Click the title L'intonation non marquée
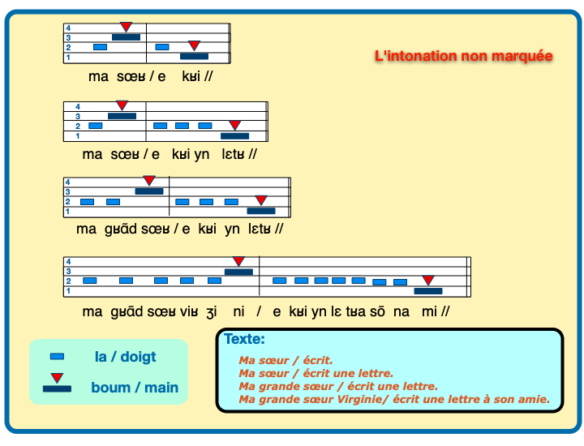[x=463, y=56]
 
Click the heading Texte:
[x=244, y=339]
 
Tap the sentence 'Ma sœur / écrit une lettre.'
[x=316, y=373]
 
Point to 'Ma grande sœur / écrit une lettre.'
[x=338, y=386]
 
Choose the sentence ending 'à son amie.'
[x=394, y=399]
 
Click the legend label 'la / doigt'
[x=125, y=356]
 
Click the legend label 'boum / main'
[x=135, y=387]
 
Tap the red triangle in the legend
[x=57, y=378]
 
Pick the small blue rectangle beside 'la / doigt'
[x=57, y=356]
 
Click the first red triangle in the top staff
[x=126, y=28]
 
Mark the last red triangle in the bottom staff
[x=428, y=281]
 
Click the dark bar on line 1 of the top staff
[x=194, y=57]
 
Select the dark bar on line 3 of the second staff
[x=122, y=116]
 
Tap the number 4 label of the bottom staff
[x=68, y=261]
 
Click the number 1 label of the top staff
[x=68, y=58]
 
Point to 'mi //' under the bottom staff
[x=436, y=311]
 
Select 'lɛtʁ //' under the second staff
[x=239, y=154]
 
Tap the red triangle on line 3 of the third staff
[x=149, y=181]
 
